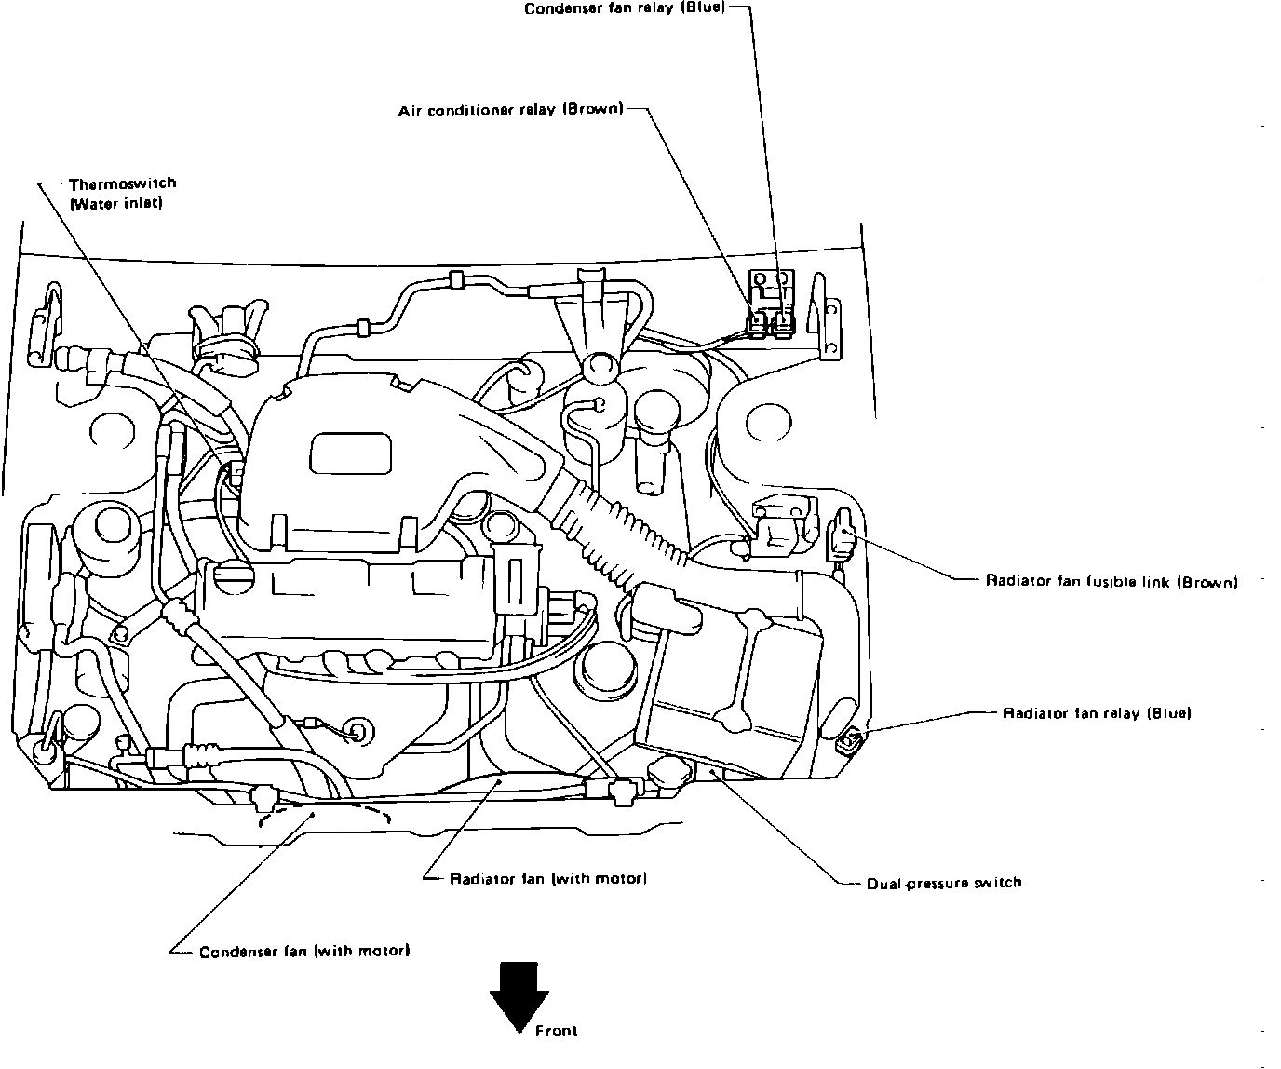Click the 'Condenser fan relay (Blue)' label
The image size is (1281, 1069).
point(624,9)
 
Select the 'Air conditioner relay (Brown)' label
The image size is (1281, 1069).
point(510,110)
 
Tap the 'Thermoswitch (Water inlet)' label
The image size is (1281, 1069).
point(122,194)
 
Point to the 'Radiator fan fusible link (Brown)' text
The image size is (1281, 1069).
point(1112,582)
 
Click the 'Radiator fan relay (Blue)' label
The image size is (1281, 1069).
point(1096,713)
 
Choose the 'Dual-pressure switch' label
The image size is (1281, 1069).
point(944,883)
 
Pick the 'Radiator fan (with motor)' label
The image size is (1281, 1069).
point(548,878)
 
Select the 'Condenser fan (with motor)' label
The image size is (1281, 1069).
point(304,952)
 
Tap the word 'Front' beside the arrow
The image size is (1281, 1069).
point(557,1031)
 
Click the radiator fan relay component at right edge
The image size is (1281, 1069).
point(849,741)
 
